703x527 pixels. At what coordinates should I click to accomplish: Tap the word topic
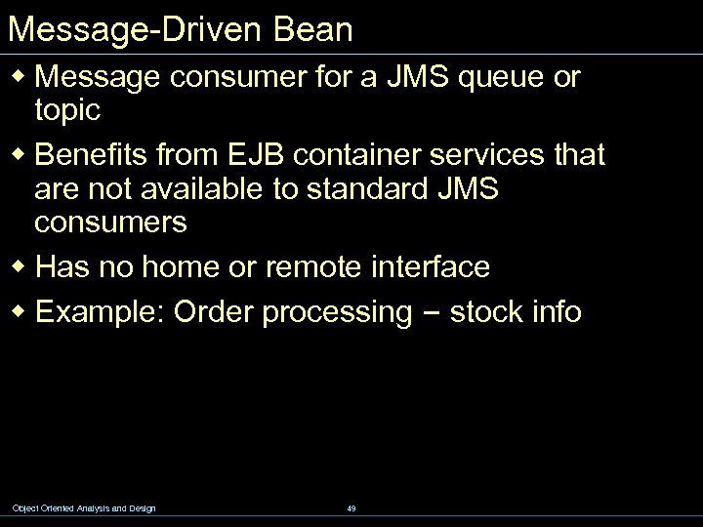tap(67, 110)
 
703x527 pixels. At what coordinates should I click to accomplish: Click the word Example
tap(99, 312)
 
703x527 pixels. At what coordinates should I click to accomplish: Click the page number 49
tap(351, 507)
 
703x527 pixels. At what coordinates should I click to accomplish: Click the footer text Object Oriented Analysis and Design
tap(83, 507)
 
